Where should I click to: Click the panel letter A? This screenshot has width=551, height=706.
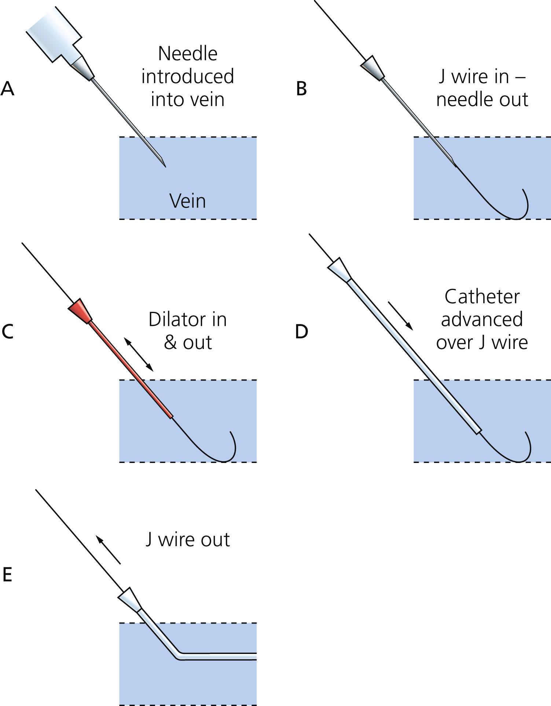[x=7, y=88]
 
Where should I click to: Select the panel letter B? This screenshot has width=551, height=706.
[x=301, y=88]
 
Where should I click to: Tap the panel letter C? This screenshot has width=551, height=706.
[x=7, y=331]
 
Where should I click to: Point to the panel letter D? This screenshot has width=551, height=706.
[x=301, y=331]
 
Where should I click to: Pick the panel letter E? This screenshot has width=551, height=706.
[x=7, y=574]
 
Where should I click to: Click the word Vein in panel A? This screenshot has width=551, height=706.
[x=187, y=201]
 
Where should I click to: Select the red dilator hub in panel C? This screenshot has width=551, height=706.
[x=80, y=311]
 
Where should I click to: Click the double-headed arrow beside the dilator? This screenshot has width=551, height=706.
[x=138, y=354]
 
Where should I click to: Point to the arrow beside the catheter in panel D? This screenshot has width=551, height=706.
[x=401, y=316]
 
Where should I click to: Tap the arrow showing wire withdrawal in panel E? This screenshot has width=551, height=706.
[x=108, y=549]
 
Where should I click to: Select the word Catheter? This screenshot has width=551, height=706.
[x=482, y=297]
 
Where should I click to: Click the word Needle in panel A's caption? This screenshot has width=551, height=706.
[x=187, y=54]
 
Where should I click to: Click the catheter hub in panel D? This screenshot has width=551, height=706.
[x=339, y=270]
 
